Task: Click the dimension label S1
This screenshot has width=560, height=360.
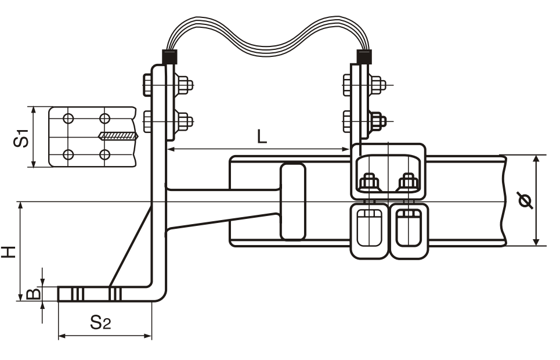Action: (23, 138)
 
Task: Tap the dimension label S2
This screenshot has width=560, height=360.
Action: (100, 323)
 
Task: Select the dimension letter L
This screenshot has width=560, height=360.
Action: (262, 137)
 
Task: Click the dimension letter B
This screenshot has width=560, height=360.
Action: (35, 294)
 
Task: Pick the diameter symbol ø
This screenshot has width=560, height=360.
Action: (526, 201)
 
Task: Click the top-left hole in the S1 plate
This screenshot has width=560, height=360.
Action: (68, 119)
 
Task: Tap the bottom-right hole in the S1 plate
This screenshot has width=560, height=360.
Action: (105, 154)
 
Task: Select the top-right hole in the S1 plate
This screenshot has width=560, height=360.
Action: (105, 119)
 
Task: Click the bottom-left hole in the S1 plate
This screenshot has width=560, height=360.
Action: (68, 154)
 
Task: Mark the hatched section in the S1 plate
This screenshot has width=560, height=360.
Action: (118, 136)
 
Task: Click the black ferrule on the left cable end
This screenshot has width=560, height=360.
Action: (169, 57)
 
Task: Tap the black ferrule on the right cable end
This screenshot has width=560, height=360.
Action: (364, 57)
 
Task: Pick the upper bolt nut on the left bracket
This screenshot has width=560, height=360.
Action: (185, 85)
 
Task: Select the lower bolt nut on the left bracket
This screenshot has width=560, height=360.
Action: (185, 122)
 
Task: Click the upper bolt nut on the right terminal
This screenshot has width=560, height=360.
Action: (377, 85)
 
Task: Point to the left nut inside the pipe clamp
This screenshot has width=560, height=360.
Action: (369, 182)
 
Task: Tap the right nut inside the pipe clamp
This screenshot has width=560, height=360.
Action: (409, 182)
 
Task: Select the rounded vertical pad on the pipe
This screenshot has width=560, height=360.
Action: (292, 201)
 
